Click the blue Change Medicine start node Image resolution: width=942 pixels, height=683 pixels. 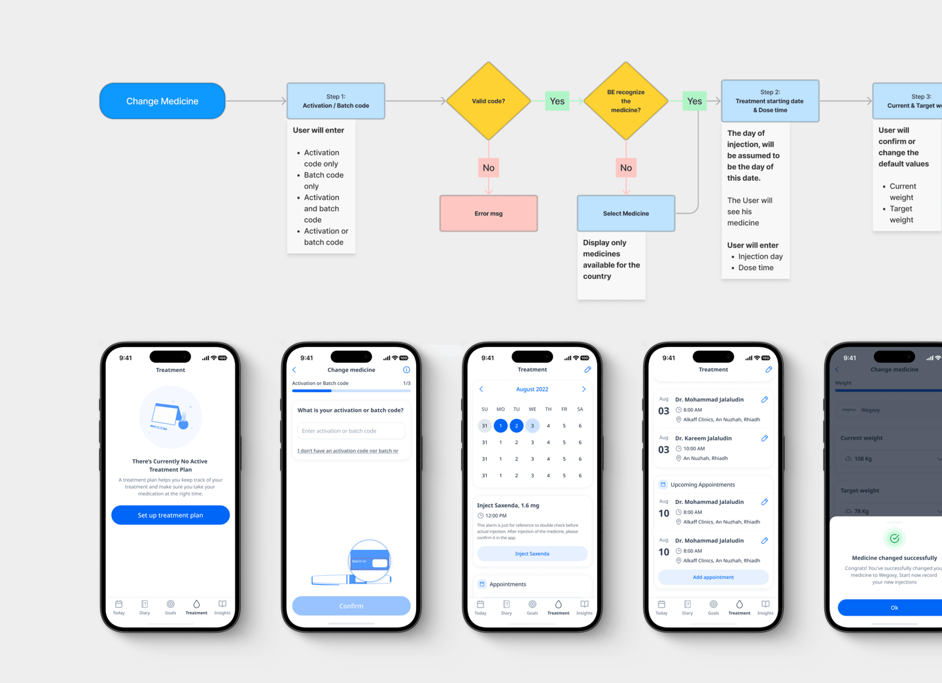(x=162, y=101)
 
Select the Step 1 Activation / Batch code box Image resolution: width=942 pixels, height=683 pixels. (x=336, y=101)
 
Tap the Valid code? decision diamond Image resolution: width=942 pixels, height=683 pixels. (x=488, y=101)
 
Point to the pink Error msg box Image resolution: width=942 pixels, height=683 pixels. (x=488, y=214)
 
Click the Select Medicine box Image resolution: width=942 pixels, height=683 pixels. (x=625, y=214)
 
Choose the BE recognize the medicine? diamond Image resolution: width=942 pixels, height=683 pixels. (x=625, y=101)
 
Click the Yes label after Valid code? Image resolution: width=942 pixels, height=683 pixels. (x=557, y=101)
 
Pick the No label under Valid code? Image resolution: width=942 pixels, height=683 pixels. (x=488, y=168)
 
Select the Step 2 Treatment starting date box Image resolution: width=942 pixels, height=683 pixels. (x=769, y=101)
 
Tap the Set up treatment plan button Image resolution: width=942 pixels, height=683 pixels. (x=170, y=515)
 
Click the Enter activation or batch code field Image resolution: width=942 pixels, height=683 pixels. (x=351, y=431)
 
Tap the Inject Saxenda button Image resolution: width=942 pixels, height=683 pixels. (x=532, y=554)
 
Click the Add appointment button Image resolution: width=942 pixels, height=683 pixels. (x=713, y=577)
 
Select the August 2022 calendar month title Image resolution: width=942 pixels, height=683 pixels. (x=532, y=389)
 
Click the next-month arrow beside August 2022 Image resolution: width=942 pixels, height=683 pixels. (x=584, y=389)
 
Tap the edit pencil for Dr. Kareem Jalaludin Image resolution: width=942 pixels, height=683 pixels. (x=764, y=438)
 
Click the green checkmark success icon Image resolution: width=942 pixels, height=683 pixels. (x=894, y=538)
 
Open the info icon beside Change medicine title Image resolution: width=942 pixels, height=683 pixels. (x=406, y=370)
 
